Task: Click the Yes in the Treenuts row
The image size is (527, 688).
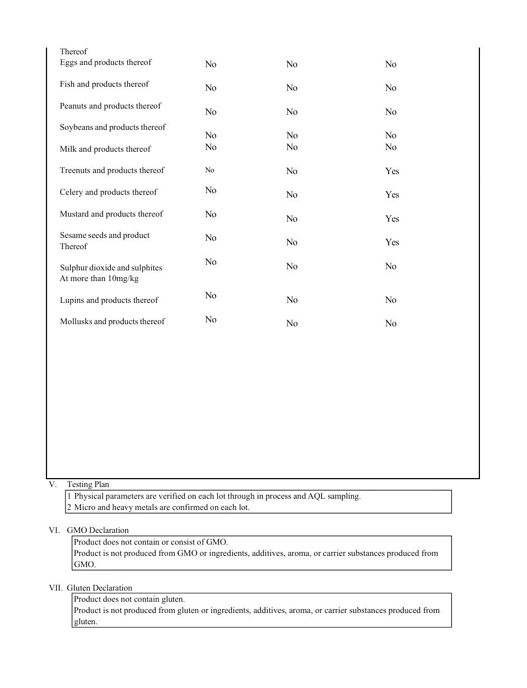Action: tap(392, 171)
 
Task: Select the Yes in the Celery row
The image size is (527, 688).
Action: tap(392, 195)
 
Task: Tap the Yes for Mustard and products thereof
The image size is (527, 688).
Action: tap(392, 219)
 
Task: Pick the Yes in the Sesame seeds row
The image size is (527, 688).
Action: tap(392, 242)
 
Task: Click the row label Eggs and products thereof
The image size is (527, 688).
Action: tap(105, 62)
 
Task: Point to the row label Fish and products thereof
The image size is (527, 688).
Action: tap(104, 84)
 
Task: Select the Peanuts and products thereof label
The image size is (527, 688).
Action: tap(110, 106)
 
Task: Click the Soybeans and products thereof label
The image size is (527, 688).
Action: tap(113, 127)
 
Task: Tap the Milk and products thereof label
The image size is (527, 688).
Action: tap(105, 149)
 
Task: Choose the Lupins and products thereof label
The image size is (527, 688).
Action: tap(109, 300)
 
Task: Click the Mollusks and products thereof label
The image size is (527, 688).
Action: tap(112, 321)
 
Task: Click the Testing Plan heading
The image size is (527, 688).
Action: tap(88, 484)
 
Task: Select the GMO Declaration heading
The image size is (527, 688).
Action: tap(97, 530)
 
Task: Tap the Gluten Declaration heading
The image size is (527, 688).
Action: tap(99, 588)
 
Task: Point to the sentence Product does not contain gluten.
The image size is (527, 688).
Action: tap(129, 599)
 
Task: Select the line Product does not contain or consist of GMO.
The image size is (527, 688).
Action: tap(151, 542)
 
